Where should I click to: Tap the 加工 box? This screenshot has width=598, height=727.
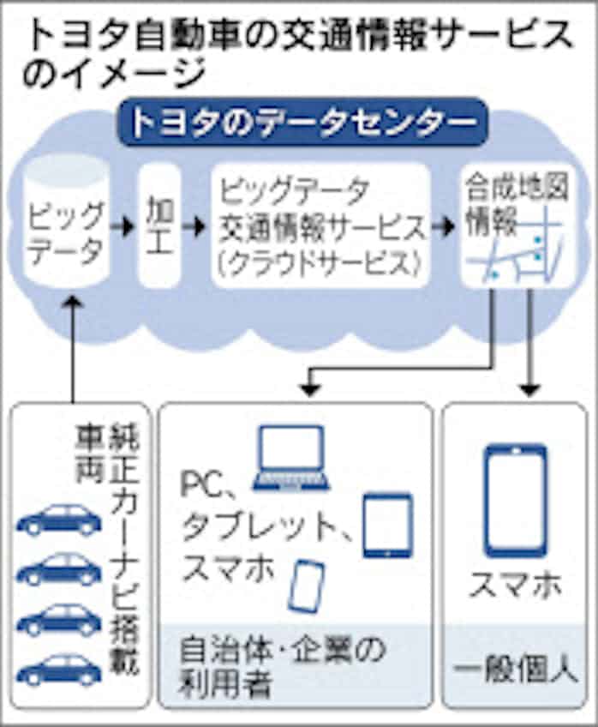coord(159,225)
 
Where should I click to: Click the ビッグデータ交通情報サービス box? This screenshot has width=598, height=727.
coord(320,225)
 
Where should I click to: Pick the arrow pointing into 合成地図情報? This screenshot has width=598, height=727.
coord(445,228)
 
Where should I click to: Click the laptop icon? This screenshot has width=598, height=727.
coord(291,459)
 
